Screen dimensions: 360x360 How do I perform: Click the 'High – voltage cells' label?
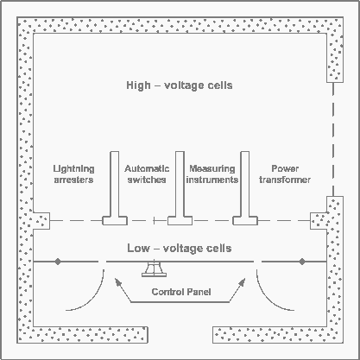pos(180,85)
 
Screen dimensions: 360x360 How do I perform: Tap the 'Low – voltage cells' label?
pos(180,248)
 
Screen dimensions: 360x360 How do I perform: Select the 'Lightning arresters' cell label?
pos(73,174)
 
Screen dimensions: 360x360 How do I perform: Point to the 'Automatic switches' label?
pos(147,174)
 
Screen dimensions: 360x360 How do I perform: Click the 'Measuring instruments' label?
pos(212,174)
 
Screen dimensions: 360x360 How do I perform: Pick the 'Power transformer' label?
pos(285,174)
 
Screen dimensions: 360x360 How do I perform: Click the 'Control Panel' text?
pos(181,292)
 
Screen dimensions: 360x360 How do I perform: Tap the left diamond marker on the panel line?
pos(58,262)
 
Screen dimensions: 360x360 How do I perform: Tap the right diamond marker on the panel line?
pos(302,262)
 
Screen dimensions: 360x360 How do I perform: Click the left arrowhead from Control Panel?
pos(117,281)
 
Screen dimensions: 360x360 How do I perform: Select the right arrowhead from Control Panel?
pos(243,281)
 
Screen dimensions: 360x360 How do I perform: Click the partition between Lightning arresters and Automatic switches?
pos(115,188)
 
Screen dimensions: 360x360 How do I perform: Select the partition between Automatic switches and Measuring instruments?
pos(180,188)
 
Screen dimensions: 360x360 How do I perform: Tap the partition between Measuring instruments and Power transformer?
pos(245,188)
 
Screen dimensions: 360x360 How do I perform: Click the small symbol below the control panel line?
pos(154,269)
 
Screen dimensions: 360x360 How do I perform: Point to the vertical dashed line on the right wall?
pos(333,139)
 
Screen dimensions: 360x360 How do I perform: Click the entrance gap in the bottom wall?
pos(180,335)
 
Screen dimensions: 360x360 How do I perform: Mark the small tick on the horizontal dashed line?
pos(155,221)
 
